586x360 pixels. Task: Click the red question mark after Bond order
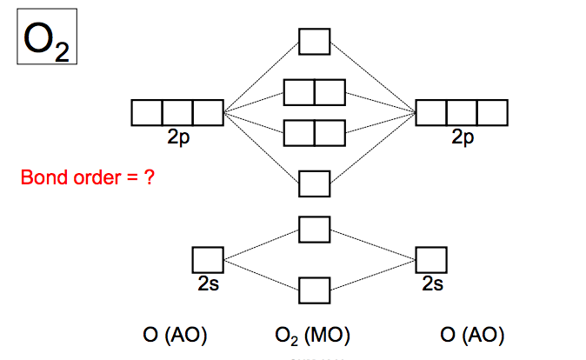click(x=150, y=179)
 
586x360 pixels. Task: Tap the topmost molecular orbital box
click(x=314, y=41)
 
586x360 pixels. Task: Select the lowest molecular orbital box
click(x=314, y=290)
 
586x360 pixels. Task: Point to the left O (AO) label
click(x=175, y=335)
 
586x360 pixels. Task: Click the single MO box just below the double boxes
click(x=314, y=183)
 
